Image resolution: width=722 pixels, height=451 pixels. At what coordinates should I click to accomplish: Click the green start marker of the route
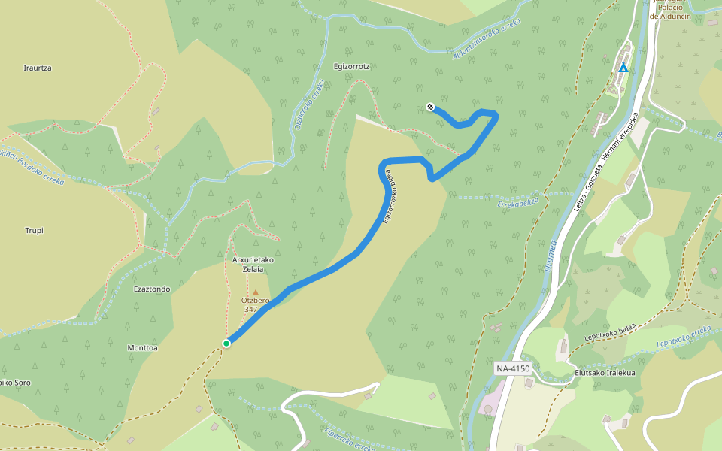[x=226, y=344]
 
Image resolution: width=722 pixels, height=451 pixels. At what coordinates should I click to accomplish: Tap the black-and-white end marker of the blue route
[x=430, y=107]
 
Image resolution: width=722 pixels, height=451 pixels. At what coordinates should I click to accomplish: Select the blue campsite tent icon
[x=623, y=68]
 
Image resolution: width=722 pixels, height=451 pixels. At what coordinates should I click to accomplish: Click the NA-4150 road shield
[x=513, y=368]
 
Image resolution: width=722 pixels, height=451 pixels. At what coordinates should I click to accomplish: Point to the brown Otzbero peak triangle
[x=255, y=292]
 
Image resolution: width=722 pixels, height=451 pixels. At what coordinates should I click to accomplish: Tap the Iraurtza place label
[x=37, y=68]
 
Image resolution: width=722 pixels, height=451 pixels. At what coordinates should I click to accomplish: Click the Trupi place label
[x=34, y=231]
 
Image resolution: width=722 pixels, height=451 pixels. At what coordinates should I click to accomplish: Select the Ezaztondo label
[x=152, y=289]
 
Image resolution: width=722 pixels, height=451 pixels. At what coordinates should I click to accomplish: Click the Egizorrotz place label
[x=351, y=66]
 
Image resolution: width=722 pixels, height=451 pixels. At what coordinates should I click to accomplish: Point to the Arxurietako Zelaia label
[x=252, y=265]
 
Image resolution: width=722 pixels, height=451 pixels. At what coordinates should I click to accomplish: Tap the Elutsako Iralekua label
[x=605, y=372]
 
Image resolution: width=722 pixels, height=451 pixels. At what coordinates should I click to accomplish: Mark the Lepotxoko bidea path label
[x=610, y=331]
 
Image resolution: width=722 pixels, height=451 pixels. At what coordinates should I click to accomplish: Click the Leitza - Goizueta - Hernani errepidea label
[x=607, y=161]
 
